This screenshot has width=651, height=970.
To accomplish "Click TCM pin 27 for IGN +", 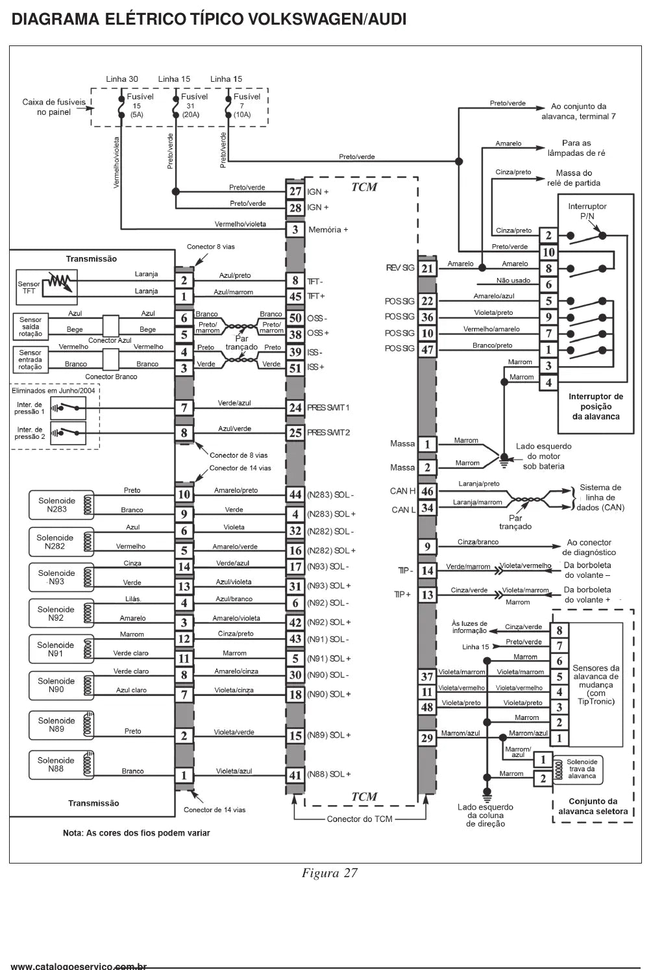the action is coord(295,192).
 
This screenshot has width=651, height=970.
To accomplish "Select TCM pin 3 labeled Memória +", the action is coord(295,229).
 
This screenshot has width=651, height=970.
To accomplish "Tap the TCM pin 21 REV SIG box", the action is coord(427,269).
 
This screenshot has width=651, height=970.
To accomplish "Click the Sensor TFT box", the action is coord(47,287).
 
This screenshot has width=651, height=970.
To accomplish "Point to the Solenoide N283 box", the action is coord(62,505).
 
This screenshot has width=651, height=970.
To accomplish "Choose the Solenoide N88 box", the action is coord(62,765).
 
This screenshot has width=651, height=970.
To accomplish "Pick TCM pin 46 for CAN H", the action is coord(427,491).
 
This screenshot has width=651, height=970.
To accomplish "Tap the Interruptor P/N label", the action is coord(587,211).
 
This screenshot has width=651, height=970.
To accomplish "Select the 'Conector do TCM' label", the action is coord(360,819).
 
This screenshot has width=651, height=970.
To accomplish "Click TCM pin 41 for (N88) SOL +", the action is coord(295,775).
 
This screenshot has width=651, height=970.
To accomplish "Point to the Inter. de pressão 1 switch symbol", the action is coord(68,408).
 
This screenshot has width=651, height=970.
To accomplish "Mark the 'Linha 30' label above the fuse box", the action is coord(122,79).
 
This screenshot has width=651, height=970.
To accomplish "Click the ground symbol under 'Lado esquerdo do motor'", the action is coord(504,461).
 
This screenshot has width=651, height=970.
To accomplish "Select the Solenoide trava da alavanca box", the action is coord(578,769).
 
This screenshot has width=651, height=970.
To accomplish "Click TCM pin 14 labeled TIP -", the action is coord(427,571).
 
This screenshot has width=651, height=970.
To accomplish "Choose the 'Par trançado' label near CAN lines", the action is coord(515,522).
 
